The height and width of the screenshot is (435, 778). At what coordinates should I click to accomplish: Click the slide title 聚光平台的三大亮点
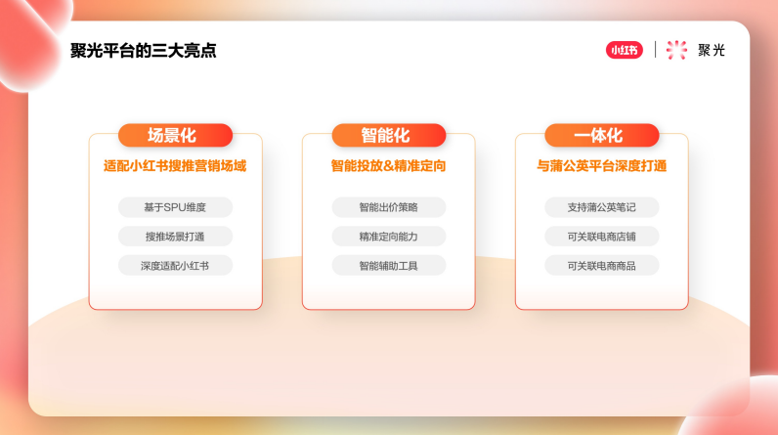click(x=144, y=51)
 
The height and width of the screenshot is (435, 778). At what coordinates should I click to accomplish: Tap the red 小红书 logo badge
click(x=625, y=50)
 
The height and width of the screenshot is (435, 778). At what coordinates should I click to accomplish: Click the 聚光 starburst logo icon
click(x=676, y=50)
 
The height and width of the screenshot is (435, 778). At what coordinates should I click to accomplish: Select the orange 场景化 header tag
click(x=175, y=136)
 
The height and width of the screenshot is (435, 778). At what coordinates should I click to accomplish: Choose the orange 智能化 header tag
click(x=388, y=136)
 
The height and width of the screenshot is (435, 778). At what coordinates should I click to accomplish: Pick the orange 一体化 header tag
click(x=601, y=136)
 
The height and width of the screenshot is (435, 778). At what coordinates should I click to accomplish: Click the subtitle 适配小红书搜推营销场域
click(x=175, y=166)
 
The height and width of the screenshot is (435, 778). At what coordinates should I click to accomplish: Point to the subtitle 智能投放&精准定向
click(x=388, y=166)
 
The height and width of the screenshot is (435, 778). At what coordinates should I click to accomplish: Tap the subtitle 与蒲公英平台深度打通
click(x=601, y=166)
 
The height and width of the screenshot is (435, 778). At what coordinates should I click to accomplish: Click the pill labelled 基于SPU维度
click(x=175, y=207)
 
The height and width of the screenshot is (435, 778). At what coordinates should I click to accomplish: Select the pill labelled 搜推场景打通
click(x=175, y=237)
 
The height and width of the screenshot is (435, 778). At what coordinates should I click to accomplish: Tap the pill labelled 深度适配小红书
click(x=175, y=265)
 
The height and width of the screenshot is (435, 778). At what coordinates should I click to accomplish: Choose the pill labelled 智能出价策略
click(x=388, y=207)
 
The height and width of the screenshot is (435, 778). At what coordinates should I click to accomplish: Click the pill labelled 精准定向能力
click(x=388, y=237)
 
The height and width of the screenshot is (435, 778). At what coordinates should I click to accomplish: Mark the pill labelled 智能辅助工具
click(x=388, y=265)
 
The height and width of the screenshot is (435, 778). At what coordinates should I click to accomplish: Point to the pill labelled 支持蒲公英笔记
click(x=601, y=207)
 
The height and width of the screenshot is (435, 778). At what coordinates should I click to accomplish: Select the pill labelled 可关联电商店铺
click(x=601, y=237)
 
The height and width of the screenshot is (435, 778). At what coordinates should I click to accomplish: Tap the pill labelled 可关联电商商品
click(x=601, y=265)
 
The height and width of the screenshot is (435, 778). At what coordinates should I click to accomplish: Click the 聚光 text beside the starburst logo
click(x=712, y=50)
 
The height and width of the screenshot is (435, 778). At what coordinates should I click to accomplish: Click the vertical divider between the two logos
click(x=655, y=50)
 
